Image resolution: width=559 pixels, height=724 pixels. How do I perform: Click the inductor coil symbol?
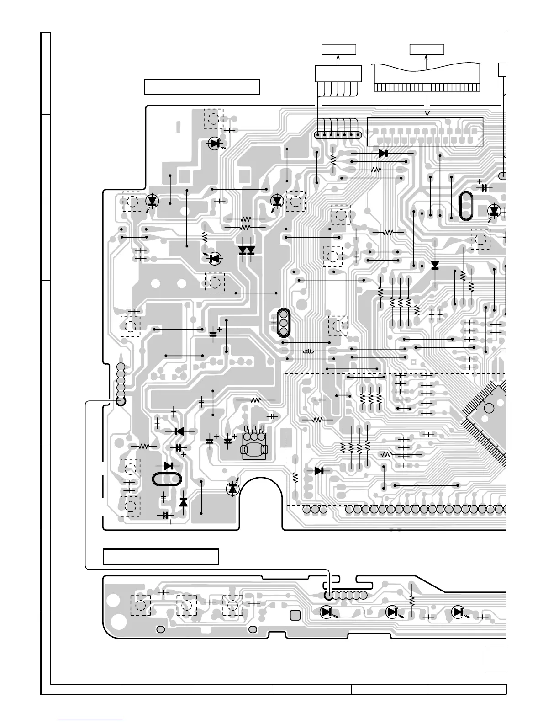point(309,351)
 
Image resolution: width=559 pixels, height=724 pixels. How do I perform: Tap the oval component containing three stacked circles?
point(283,323)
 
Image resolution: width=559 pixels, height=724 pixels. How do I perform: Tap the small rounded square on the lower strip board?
point(295,615)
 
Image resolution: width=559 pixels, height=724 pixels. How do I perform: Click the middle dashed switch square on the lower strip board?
point(186,605)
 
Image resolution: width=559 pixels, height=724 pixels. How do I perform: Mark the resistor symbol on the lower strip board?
point(412,600)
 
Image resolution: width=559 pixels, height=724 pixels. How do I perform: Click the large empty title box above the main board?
point(202,87)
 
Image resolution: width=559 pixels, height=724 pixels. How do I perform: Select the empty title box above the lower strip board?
point(161,557)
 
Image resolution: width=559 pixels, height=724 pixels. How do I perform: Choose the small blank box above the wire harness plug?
point(338,49)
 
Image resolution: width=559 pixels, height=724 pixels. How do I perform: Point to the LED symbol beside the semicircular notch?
point(233,488)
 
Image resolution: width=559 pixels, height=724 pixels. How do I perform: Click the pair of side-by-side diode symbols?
point(247,250)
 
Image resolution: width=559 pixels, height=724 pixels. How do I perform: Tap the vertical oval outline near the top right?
point(467,206)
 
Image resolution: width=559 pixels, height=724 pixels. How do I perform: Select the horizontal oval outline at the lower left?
point(167,479)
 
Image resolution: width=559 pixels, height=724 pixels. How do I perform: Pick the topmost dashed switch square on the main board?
point(213,119)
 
